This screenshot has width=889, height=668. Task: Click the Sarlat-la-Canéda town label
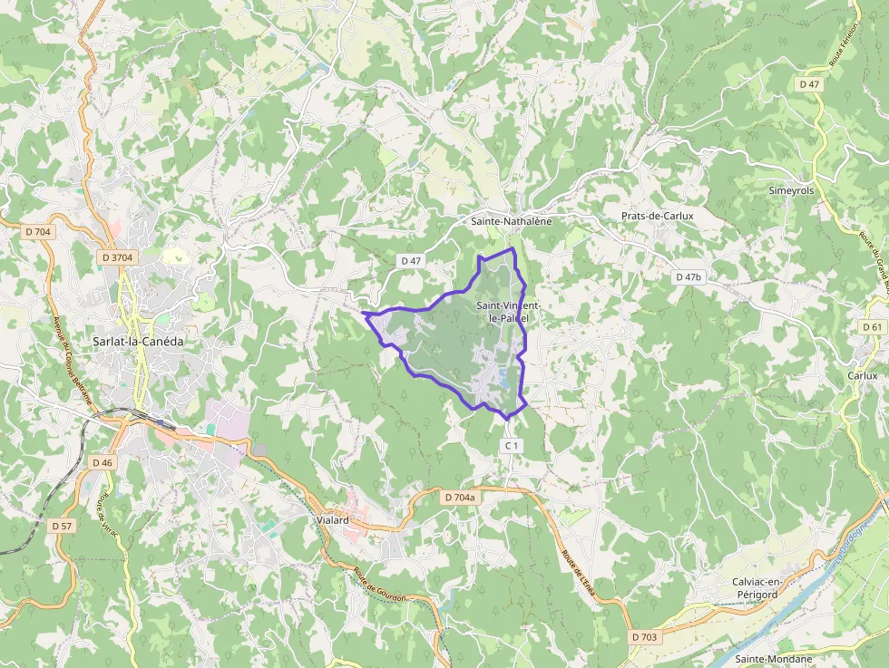pos(138,342)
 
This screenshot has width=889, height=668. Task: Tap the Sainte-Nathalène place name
pos(511,220)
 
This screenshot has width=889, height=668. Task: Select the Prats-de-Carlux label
pos(657,216)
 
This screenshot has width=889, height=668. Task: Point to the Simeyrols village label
pos(793,191)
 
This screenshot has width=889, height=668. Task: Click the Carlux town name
pos(862,375)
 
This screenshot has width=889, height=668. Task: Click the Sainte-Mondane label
pos(773,659)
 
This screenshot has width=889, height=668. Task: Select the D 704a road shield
pos(460,498)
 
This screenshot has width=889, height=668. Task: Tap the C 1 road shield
pos(512,445)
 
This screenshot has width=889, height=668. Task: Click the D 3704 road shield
pos(118,257)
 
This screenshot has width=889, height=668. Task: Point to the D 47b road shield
pos(689,276)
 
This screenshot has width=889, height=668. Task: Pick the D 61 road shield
pos(872,327)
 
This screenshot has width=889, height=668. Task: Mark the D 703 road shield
pos(645,637)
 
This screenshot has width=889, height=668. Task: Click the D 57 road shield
pos(62,526)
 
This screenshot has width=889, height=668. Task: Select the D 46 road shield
pos(102,462)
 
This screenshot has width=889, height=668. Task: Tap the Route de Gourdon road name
pos(379,584)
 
